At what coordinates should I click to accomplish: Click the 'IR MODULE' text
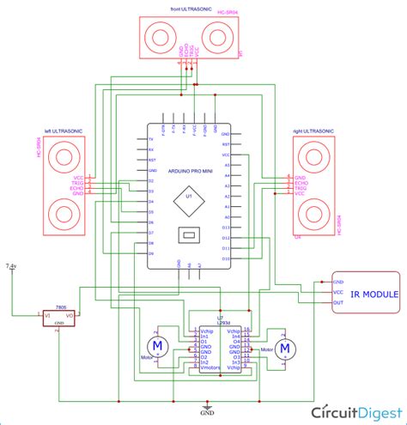tap(374, 294)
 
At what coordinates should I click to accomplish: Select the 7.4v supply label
tap(11, 268)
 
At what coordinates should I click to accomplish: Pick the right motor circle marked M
tap(287, 347)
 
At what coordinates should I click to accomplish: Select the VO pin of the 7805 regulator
tap(70, 316)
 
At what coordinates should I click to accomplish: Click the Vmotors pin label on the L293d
tap(210, 367)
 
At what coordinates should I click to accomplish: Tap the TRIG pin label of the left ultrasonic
tap(78, 182)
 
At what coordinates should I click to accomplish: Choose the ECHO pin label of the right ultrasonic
tap(301, 183)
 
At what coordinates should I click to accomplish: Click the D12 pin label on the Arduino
tap(226, 238)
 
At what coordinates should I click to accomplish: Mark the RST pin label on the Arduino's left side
tap(151, 160)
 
